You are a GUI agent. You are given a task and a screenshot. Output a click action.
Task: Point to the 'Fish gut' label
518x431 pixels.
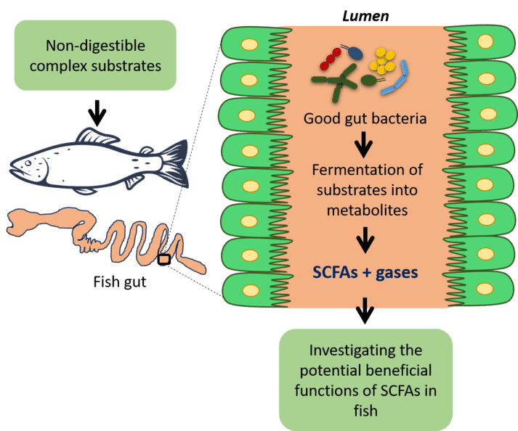tap(121, 282)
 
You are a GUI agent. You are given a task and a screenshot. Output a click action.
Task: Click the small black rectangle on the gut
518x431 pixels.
tap(165, 259)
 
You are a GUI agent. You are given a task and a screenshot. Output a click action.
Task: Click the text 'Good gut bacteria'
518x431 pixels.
tap(366, 118)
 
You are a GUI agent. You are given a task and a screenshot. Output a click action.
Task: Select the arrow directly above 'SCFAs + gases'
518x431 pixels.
tap(365, 239)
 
